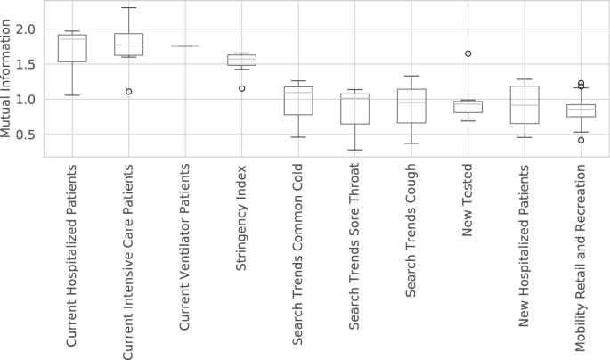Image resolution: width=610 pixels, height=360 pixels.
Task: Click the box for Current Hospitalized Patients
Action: tap(72, 49)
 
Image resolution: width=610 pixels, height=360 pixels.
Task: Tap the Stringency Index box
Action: tap(241, 60)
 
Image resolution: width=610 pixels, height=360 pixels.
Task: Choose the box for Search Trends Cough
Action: tap(411, 106)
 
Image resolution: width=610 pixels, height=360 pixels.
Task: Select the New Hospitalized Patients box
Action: tap(525, 104)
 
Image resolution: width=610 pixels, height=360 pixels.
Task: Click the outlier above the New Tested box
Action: tap(468, 53)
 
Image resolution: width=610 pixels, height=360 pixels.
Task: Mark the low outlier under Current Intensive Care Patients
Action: tap(128, 92)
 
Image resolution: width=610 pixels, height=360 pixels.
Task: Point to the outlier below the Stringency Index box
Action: tap(241, 88)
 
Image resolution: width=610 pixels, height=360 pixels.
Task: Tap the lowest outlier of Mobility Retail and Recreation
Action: tap(581, 140)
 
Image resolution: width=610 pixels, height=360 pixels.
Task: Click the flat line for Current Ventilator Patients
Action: tap(184, 46)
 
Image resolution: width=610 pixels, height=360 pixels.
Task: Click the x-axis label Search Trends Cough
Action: tap(411, 235)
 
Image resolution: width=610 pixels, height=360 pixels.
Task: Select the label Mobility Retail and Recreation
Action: tap(581, 260)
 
